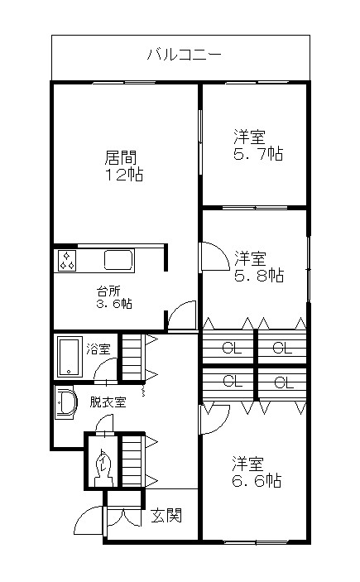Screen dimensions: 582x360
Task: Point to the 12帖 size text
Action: (122, 175)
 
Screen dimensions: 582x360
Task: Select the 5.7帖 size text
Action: (257, 155)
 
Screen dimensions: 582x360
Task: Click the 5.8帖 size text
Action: (257, 275)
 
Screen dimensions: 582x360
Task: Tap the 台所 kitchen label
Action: (108, 291)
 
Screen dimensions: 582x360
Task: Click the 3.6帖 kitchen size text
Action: (113, 304)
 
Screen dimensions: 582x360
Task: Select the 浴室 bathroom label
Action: (99, 349)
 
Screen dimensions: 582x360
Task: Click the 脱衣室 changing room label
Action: (108, 403)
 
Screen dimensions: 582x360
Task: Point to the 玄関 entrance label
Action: (166, 517)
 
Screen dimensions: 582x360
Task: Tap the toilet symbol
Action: (103, 466)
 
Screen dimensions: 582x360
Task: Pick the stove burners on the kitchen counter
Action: (67, 262)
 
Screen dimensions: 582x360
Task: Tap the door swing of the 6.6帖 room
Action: (210, 418)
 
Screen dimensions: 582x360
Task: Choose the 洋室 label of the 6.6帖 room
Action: (248, 462)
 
